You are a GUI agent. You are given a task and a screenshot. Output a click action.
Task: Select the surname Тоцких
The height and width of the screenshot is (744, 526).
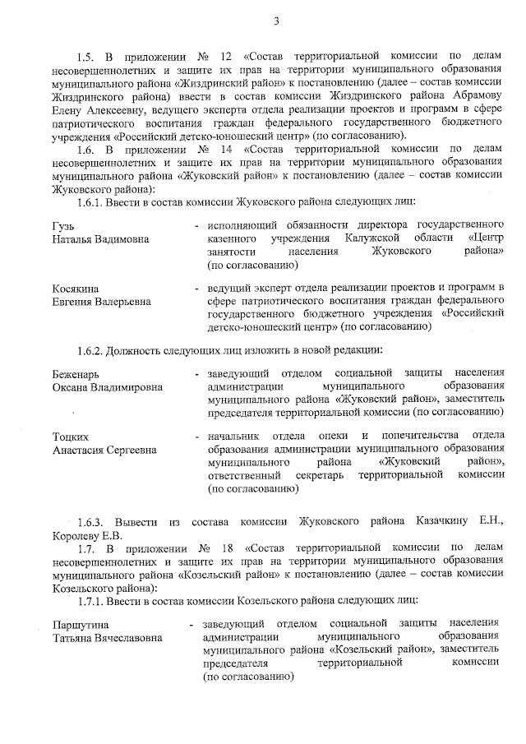click(x=71, y=436)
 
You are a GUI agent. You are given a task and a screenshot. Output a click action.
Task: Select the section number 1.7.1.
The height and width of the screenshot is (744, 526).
click(x=91, y=600)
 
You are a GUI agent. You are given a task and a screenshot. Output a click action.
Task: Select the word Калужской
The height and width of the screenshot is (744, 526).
click(x=359, y=238)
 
